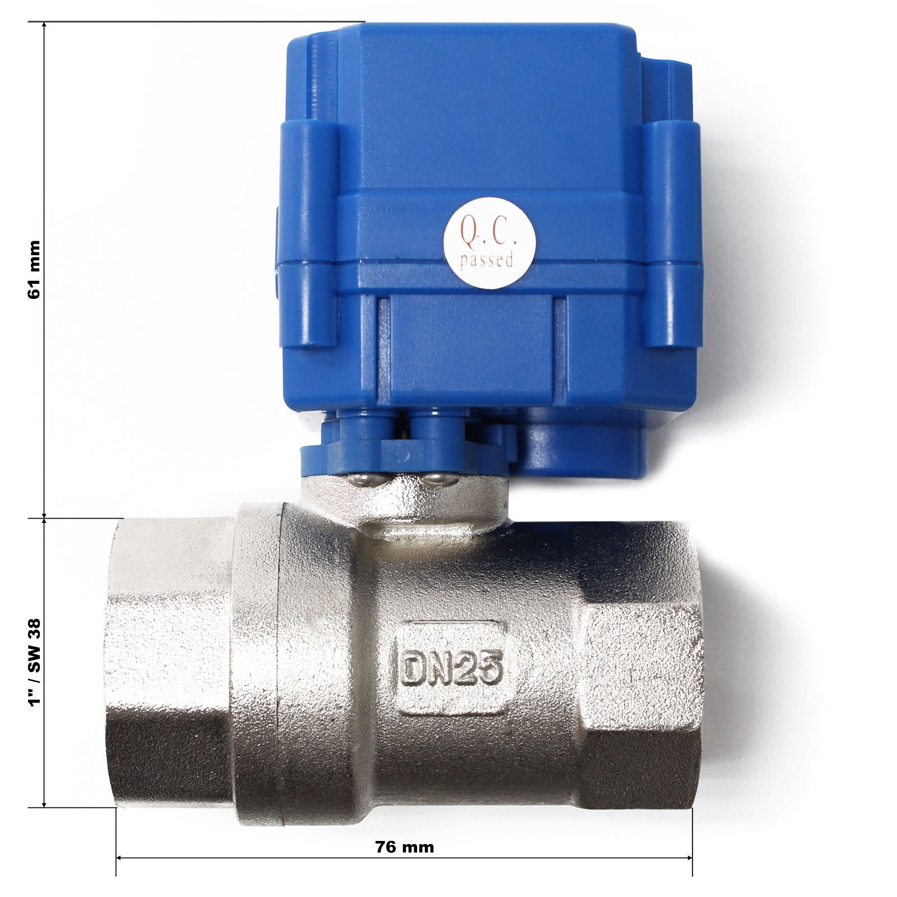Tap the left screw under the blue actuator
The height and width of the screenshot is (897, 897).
(358, 477)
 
